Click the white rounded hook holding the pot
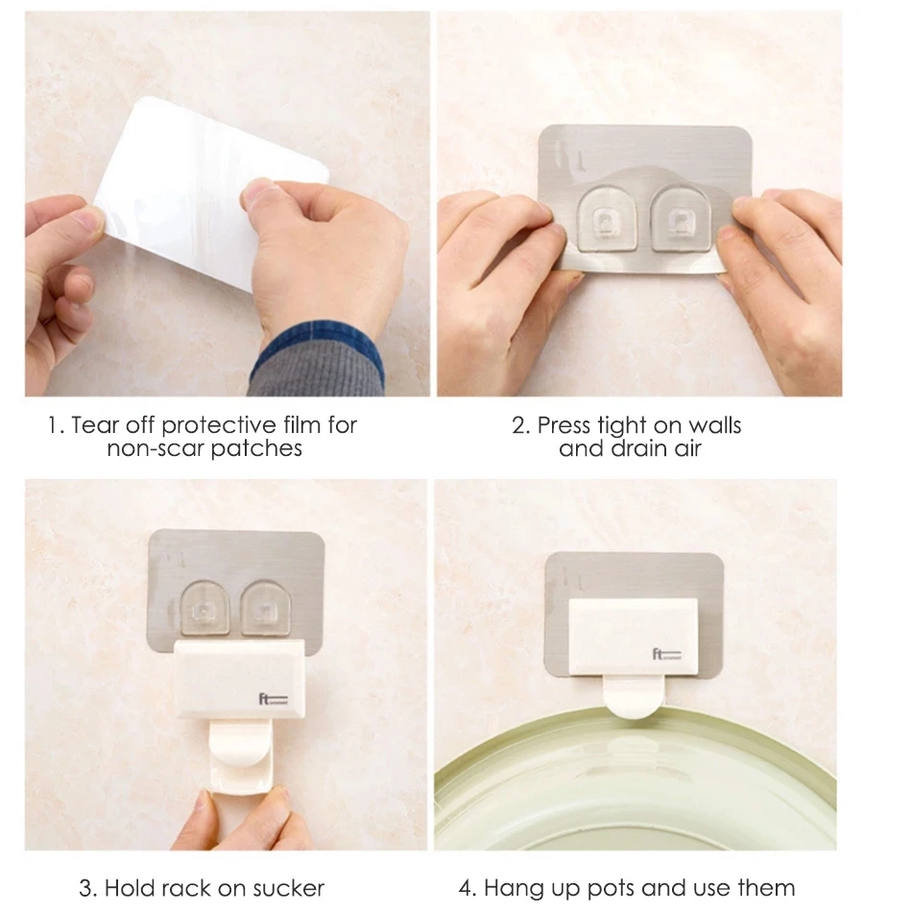pos(630,696)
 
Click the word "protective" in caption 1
pos(213,424)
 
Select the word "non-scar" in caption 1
pos(149,448)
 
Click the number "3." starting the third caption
pos(87,887)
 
